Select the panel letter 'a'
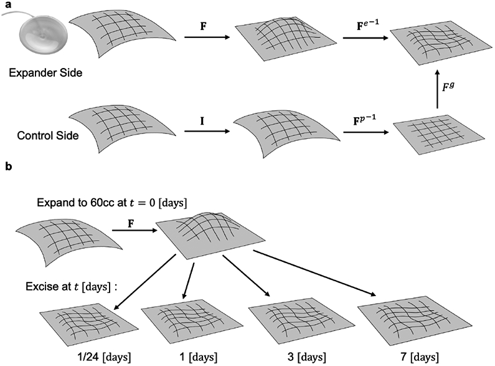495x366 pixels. point(6,5)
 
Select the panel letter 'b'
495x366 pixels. point(6,168)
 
